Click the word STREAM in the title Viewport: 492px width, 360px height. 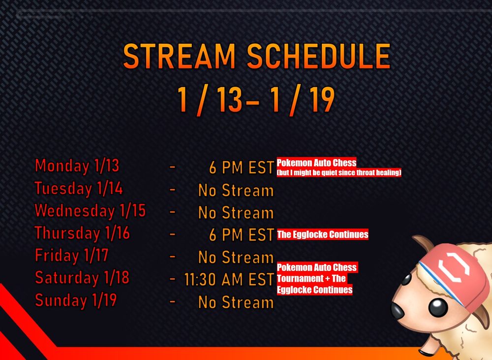[179, 56]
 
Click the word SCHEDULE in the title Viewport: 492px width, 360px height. [318, 56]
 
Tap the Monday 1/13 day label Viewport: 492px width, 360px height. [77, 166]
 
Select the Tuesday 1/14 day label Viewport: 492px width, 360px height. [78, 189]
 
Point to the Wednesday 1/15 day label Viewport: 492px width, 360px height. [90, 211]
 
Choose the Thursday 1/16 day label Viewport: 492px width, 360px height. [82, 233]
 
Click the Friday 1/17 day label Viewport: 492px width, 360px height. [71, 256]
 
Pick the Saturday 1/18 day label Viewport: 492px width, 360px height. [82, 278]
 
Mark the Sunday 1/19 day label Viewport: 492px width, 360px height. [76, 300]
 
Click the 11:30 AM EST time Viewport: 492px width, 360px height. [229, 280]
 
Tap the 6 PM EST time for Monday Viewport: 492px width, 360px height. [242, 168]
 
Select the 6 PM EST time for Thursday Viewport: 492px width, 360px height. [242, 235]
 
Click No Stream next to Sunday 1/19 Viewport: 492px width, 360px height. [236, 302]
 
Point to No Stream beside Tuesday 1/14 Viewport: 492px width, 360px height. [236, 191]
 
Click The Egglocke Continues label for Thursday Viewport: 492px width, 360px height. [323, 234]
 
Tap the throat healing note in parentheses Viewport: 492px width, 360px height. [339, 172]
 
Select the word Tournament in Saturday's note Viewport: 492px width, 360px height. [296, 278]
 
